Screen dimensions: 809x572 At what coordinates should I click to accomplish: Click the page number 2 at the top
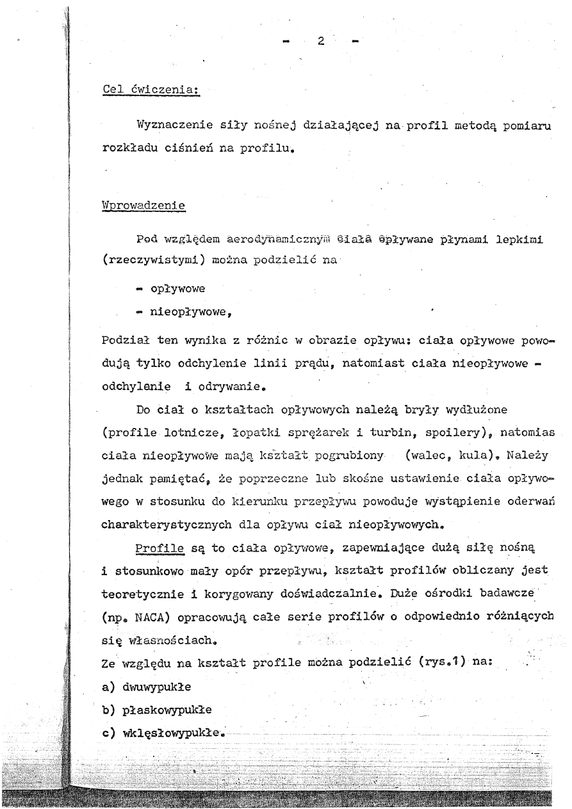pos(321,42)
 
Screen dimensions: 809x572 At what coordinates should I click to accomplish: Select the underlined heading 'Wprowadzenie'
pos(143,206)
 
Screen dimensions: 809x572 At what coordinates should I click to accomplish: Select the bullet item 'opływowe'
pos(177,289)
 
